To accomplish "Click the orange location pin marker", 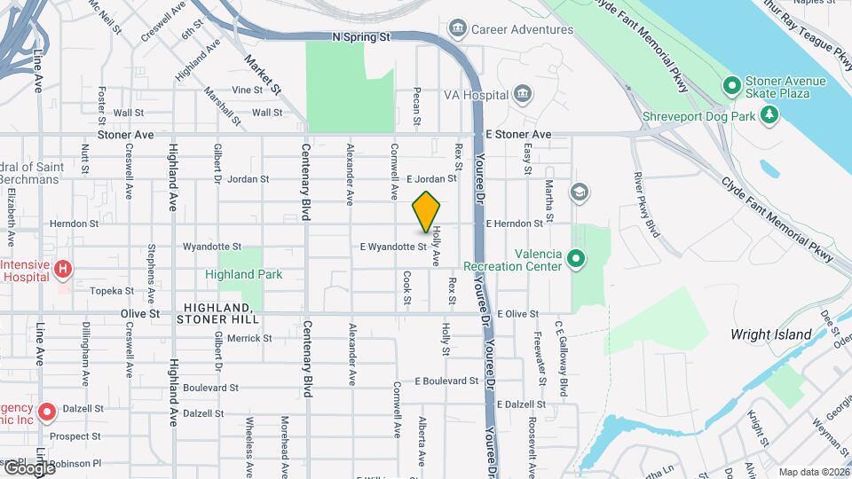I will tap(427, 212).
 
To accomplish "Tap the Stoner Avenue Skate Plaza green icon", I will tap(732, 86).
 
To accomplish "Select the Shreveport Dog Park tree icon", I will tap(769, 115).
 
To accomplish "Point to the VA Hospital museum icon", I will tap(523, 95).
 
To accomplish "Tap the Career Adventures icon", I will tap(459, 29).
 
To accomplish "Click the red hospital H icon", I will tap(63, 268).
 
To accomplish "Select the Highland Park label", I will tap(243, 275).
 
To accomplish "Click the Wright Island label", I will tap(770, 334).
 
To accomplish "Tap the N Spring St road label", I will tap(361, 38).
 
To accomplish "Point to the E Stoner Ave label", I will tap(518, 135).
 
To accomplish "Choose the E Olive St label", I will tap(518, 314).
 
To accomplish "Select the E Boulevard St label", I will tap(446, 381).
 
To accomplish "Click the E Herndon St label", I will tap(514, 224).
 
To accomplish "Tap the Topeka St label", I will tap(110, 290).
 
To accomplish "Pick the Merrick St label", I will tap(248, 338).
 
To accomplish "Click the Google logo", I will tap(28, 467).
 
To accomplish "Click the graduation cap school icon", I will tap(580, 192).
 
